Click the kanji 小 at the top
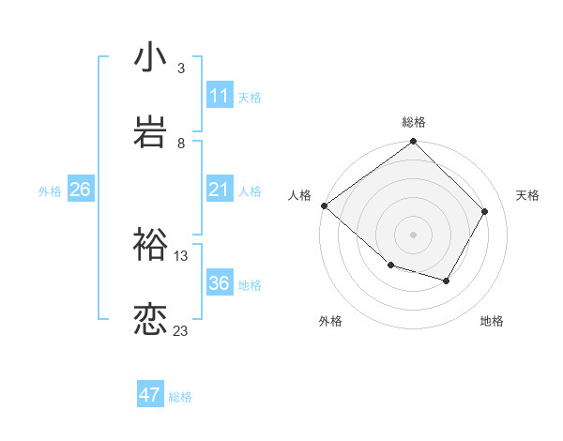tap(151, 57)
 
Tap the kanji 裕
tap(151, 245)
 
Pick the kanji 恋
tap(151, 319)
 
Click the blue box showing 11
tap(219, 96)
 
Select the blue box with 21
tap(219, 190)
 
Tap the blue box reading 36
tap(219, 284)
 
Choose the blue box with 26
tap(80, 190)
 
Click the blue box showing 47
tap(149, 395)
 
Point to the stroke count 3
tap(181, 68)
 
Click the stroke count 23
tap(181, 330)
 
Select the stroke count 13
tap(181, 255)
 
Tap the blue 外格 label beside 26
tap(50, 191)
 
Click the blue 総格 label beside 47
tap(180, 397)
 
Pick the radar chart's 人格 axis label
tap(299, 194)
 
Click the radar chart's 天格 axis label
tap(527, 194)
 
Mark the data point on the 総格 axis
tap(414, 143)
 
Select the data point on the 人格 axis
tap(324, 205)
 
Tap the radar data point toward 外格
tap(390, 266)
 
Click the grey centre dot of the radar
tap(414, 234)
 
